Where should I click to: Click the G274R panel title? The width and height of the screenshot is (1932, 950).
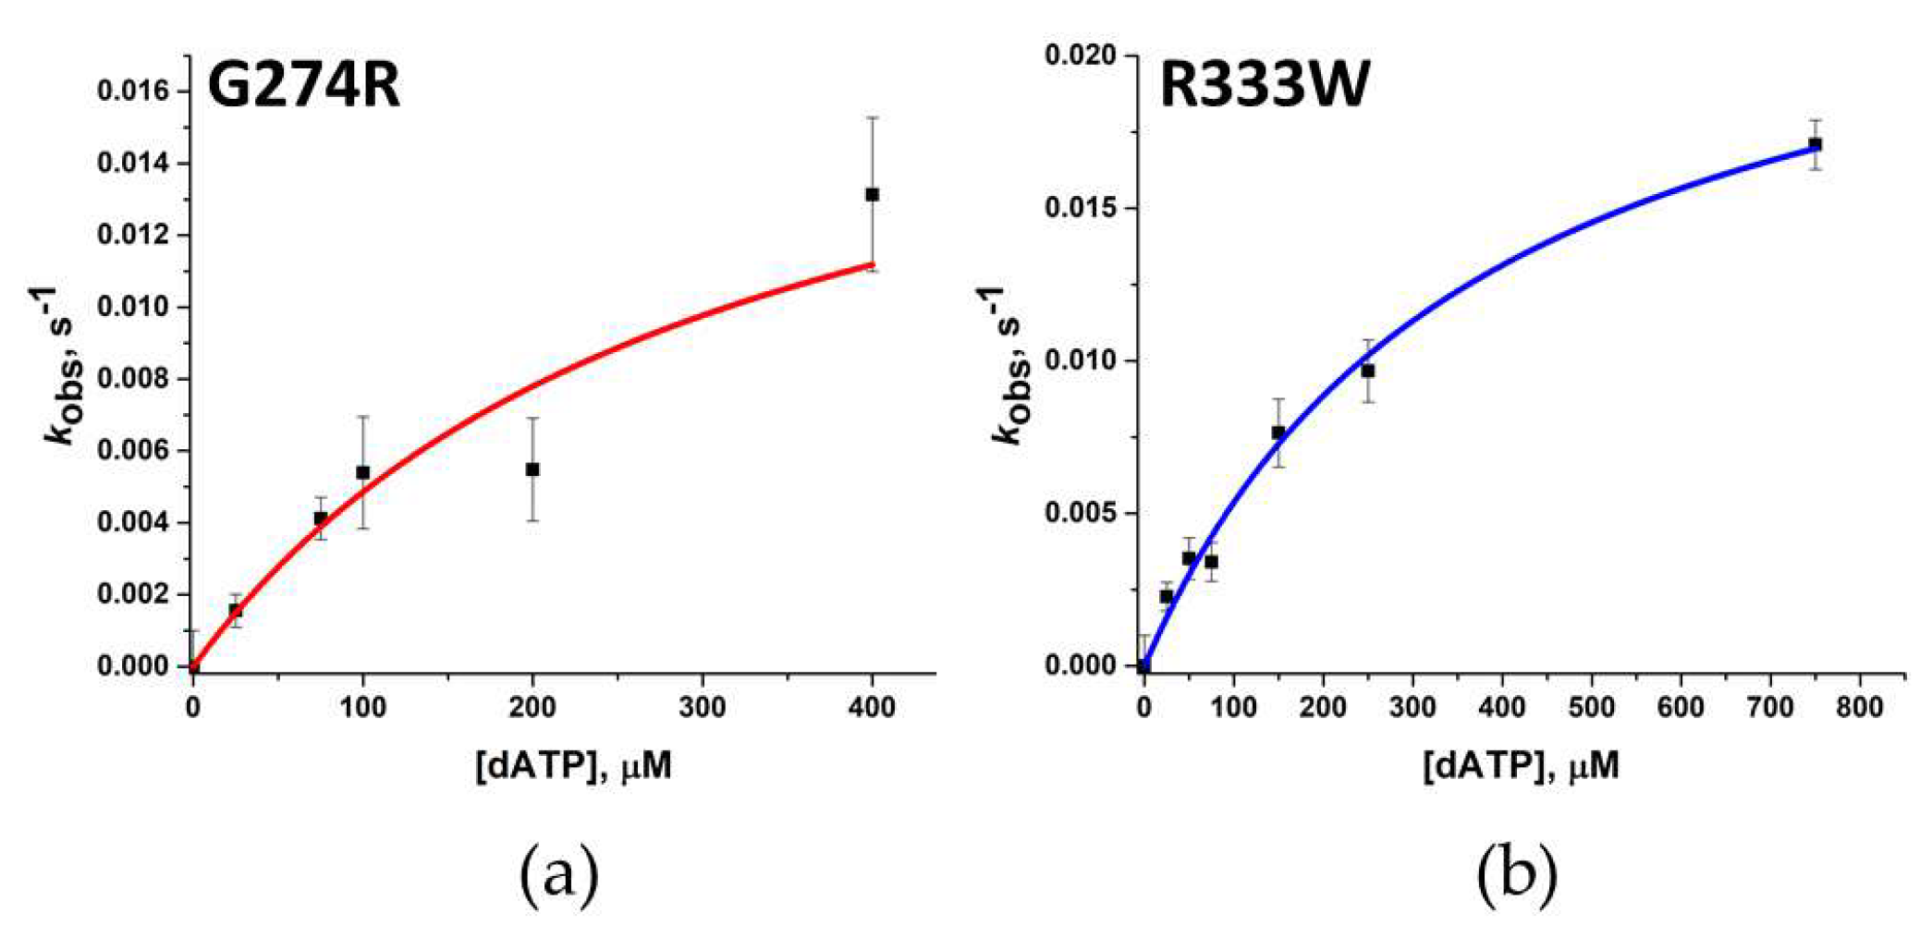coord(303,86)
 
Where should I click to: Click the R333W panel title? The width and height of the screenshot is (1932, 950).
coord(1264,86)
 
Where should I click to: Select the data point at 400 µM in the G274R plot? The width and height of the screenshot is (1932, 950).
coord(872,194)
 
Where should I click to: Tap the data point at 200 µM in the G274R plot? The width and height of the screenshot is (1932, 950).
coord(532,469)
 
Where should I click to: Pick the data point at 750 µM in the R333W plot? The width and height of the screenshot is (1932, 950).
coord(1815,144)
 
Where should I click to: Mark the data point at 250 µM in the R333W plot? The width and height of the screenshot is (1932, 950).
coord(1367,371)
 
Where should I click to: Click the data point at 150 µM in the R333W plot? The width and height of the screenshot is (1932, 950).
coord(1278,432)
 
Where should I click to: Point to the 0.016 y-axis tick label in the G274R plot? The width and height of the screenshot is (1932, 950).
coord(134,91)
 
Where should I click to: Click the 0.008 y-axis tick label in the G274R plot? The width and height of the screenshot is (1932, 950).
coord(134,379)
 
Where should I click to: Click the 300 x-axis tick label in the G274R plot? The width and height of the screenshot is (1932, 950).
coord(702,708)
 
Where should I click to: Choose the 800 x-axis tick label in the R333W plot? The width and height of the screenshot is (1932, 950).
coord(1859,708)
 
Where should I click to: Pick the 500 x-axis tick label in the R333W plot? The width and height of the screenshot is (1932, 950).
coord(1591,708)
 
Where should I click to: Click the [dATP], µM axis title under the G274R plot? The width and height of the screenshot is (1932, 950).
coord(573,766)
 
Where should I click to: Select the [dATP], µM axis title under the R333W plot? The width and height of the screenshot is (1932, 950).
coord(1521,766)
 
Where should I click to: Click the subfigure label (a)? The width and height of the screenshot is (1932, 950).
coord(559,873)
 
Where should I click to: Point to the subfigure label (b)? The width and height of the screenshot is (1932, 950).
coord(1516,873)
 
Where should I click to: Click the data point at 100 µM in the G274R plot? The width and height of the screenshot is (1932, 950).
coord(362,472)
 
